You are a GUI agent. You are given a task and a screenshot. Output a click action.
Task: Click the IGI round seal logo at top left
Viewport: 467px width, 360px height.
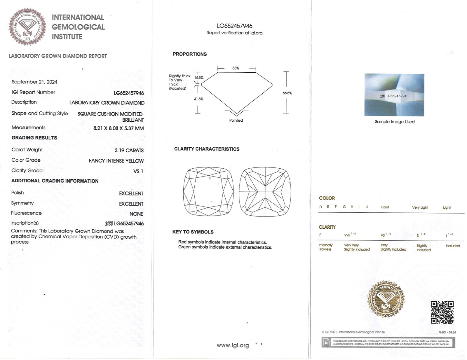click(x=27, y=27)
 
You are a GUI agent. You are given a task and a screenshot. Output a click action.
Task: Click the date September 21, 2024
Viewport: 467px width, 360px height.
click(x=34, y=82)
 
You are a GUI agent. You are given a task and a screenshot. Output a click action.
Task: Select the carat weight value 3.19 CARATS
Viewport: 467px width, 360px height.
click(x=129, y=151)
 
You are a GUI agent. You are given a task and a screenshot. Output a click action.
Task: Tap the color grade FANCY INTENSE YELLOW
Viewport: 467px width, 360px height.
click(x=116, y=161)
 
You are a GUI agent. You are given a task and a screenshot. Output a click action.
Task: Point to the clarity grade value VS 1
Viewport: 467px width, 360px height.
click(x=138, y=171)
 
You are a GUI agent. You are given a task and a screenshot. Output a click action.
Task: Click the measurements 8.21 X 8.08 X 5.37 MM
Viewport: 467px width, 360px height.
click(x=119, y=128)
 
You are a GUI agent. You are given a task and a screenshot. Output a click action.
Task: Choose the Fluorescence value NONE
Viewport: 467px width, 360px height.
click(x=136, y=214)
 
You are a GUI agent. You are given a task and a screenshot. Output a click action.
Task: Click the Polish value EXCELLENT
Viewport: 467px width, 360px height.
click(x=131, y=193)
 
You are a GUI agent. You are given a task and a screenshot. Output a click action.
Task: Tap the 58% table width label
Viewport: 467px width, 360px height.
click(x=236, y=68)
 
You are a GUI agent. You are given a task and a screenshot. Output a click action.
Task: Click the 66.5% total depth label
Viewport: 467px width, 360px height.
click(x=287, y=93)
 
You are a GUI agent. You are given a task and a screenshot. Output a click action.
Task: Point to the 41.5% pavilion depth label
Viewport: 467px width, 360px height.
click(x=198, y=99)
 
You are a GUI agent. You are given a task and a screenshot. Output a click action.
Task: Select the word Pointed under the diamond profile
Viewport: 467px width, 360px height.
click(x=236, y=120)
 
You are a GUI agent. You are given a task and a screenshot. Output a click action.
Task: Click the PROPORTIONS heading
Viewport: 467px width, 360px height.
click(x=190, y=54)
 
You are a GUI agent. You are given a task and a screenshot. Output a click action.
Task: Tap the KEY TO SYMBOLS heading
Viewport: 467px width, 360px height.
click(x=193, y=232)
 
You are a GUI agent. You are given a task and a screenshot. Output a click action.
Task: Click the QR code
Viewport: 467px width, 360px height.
click(x=442, y=312)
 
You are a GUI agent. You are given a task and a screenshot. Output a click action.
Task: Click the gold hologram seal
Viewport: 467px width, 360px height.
click(x=386, y=299)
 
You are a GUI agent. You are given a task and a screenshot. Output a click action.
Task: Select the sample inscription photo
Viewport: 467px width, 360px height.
click(x=394, y=95)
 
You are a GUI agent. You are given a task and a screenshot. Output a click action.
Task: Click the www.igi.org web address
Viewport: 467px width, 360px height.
click(x=233, y=345)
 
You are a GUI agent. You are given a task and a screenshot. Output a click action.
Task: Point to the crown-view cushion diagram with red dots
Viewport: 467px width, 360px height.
click(x=208, y=192)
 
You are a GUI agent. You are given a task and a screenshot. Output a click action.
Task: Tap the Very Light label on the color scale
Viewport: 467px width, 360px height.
click(x=420, y=207)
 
